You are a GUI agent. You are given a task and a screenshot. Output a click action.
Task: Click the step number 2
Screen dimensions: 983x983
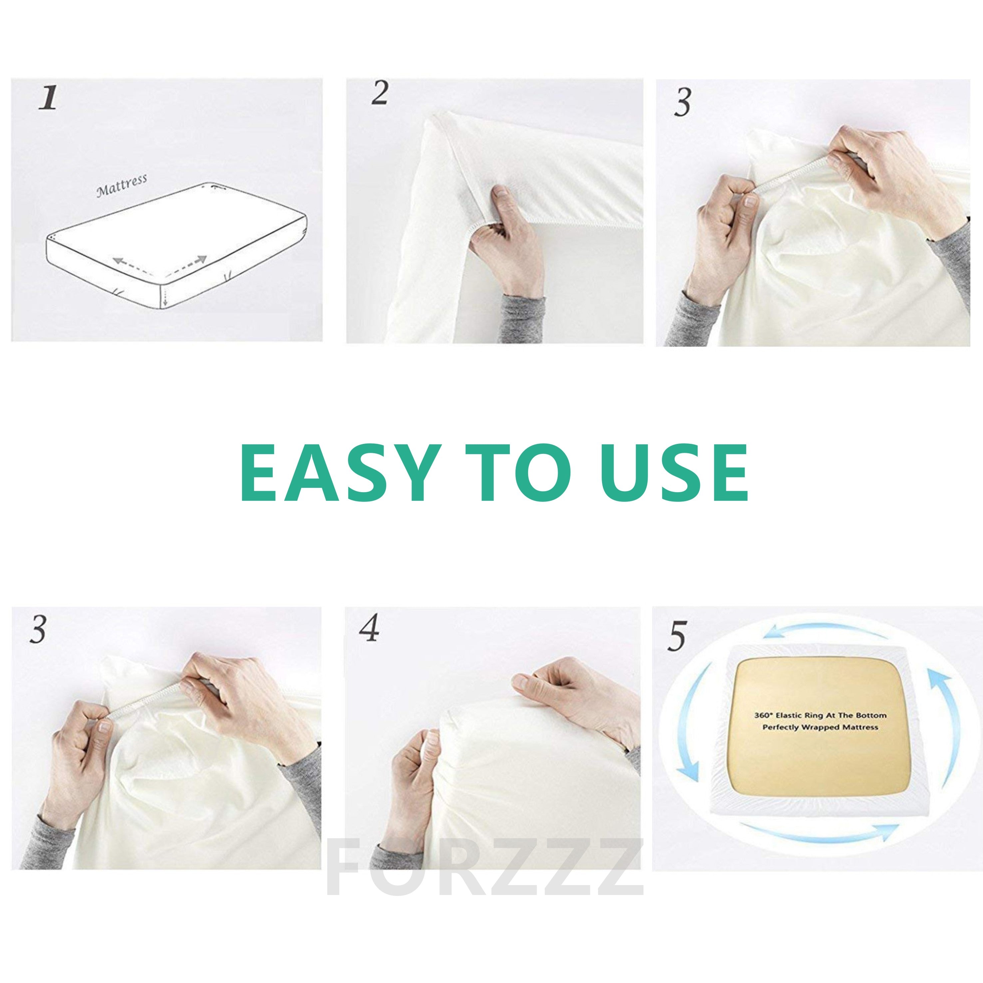point(380,94)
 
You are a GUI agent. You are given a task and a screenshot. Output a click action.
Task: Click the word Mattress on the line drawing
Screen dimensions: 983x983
point(122,185)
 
